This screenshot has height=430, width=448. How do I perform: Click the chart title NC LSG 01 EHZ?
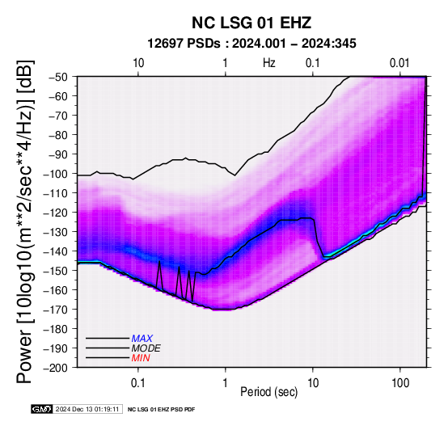(251, 23)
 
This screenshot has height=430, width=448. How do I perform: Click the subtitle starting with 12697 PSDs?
(251, 44)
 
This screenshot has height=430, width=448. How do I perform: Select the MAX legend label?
(142, 339)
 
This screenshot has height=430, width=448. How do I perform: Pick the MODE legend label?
(146, 348)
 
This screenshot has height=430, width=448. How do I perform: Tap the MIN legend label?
(141, 358)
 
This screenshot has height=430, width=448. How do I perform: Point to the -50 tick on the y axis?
(58, 77)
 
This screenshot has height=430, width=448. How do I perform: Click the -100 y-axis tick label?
(56, 174)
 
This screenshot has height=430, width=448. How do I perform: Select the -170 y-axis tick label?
(56, 310)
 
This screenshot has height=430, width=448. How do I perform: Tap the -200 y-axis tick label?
(56, 368)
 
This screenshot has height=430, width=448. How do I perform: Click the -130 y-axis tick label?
(56, 232)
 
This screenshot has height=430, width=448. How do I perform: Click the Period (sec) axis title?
(268, 392)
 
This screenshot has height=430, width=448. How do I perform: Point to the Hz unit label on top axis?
(268, 63)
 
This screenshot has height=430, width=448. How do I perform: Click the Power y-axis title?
(25, 221)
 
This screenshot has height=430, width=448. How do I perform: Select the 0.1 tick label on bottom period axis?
(138, 383)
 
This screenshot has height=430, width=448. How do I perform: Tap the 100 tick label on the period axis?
(400, 383)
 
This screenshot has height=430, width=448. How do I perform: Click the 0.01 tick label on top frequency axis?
(399, 63)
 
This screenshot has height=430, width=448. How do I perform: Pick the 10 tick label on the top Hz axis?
(138, 63)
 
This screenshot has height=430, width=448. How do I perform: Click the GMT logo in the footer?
(42, 409)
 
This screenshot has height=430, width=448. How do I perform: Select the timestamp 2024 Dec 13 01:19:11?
(87, 409)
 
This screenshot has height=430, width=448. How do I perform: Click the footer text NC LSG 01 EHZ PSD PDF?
(161, 410)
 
